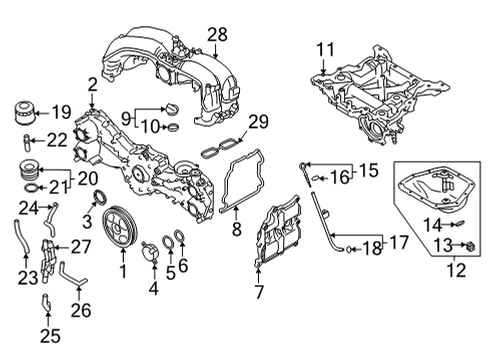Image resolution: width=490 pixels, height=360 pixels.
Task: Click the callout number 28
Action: click(x=218, y=36)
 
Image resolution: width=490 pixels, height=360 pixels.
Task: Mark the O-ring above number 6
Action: click(x=176, y=239)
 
